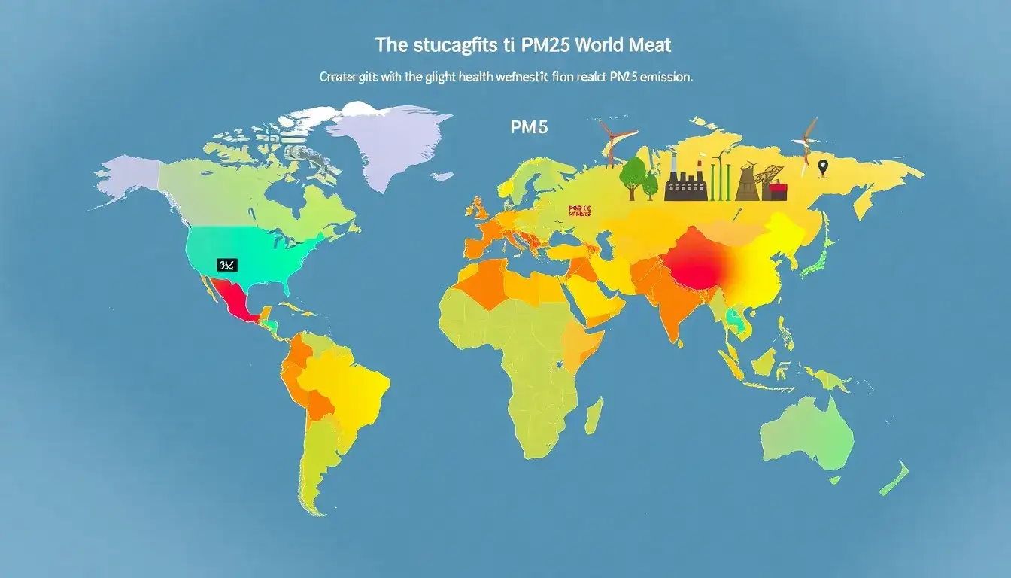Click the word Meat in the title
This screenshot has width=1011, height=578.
pyautogui.click(x=649, y=45)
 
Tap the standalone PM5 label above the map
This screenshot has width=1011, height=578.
pyautogui.click(x=528, y=127)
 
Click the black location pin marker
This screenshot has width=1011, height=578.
pyautogui.click(x=822, y=168)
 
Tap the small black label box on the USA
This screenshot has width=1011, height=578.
pyautogui.click(x=226, y=265)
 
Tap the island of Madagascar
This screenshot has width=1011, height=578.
pyautogui.click(x=594, y=415)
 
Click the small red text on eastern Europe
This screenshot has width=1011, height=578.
pyautogui.click(x=580, y=211)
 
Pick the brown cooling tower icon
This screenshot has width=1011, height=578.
pyautogui.click(x=746, y=183)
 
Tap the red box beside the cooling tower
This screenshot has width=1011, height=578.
pyautogui.click(x=777, y=191)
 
